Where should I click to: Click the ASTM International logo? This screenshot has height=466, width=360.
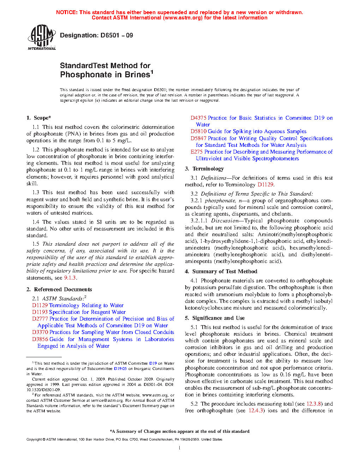[x=41, y=37]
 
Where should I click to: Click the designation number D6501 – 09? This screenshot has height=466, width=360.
[x=116, y=35]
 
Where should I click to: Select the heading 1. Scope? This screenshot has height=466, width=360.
[x=39, y=118]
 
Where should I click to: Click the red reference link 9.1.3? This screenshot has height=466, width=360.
[x=70, y=278]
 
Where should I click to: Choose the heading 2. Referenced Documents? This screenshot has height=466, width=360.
[x=59, y=289]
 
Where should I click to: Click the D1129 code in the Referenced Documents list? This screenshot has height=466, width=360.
[x=40, y=305]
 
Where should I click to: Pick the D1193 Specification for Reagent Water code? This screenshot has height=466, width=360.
[x=40, y=312]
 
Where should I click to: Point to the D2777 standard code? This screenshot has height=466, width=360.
[x=40, y=319]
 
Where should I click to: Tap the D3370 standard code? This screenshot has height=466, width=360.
[x=40, y=332]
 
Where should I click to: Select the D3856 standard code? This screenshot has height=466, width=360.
[x=40, y=339]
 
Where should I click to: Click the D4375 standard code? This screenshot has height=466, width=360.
[x=198, y=118]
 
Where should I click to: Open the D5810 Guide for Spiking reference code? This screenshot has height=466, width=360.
[x=198, y=131]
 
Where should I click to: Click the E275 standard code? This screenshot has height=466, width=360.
[x=197, y=152]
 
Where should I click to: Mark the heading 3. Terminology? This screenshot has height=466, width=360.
[x=204, y=169]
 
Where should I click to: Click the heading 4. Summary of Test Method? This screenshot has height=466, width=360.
[x=221, y=271]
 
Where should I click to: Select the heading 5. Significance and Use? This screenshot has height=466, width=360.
[x=215, y=318]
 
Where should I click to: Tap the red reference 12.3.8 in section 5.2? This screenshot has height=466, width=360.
[x=314, y=404]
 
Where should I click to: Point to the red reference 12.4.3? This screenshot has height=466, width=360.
[x=256, y=411]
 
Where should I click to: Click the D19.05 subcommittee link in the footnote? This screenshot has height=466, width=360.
[x=120, y=369]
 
